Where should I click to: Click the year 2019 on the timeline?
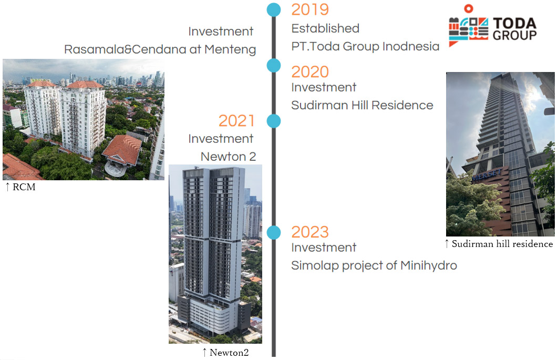pyautogui.click(x=310, y=9)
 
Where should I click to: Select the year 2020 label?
pyautogui.click(x=310, y=72)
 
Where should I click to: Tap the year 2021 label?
pyautogui.click(x=236, y=121)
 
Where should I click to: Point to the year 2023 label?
pyautogui.click(x=310, y=232)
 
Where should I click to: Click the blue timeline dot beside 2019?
pyautogui.click(x=274, y=9)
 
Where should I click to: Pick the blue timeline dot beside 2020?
pyautogui.click(x=274, y=66)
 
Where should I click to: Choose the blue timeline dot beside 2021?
pyautogui.click(x=274, y=121)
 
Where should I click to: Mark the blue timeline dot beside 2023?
pyautogui.click(x=274, y=232)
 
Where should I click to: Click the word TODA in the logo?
pyautogui.click(x=514, y=24)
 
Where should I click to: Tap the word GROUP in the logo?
pyautogui.click(x=514, y=35)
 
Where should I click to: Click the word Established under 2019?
pyautogui.click(x=325, y=28)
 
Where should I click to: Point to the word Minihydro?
pyautogui.click(x=428, y=265)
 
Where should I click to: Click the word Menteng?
pyautogui.click(x=230, y=49)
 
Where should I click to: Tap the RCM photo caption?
pyautogui.click(x=20, y=187)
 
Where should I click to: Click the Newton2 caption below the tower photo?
pyautogui.click(x=225, y=353)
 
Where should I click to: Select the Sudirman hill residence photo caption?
pyautogui.click(x=499, y=244)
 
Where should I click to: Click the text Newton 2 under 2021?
pyautogui.click(x=229, y=157)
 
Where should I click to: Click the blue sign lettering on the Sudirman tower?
pyautogui.click(x=487, y=175)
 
